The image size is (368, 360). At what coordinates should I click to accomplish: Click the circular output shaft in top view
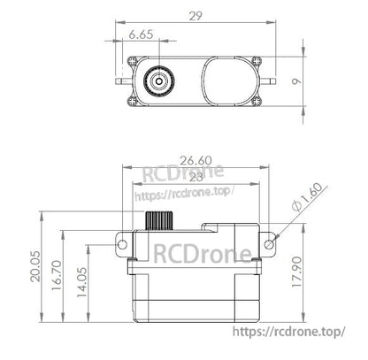click(x=160, y=79)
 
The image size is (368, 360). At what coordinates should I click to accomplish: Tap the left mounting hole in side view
click(x=119, y=241)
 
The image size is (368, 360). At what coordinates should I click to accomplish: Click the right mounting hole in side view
click(x=271, y=241)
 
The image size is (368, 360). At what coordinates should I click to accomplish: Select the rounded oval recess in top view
click(x=229, y=79)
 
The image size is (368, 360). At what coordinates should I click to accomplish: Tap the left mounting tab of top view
click(x=126, y=79)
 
